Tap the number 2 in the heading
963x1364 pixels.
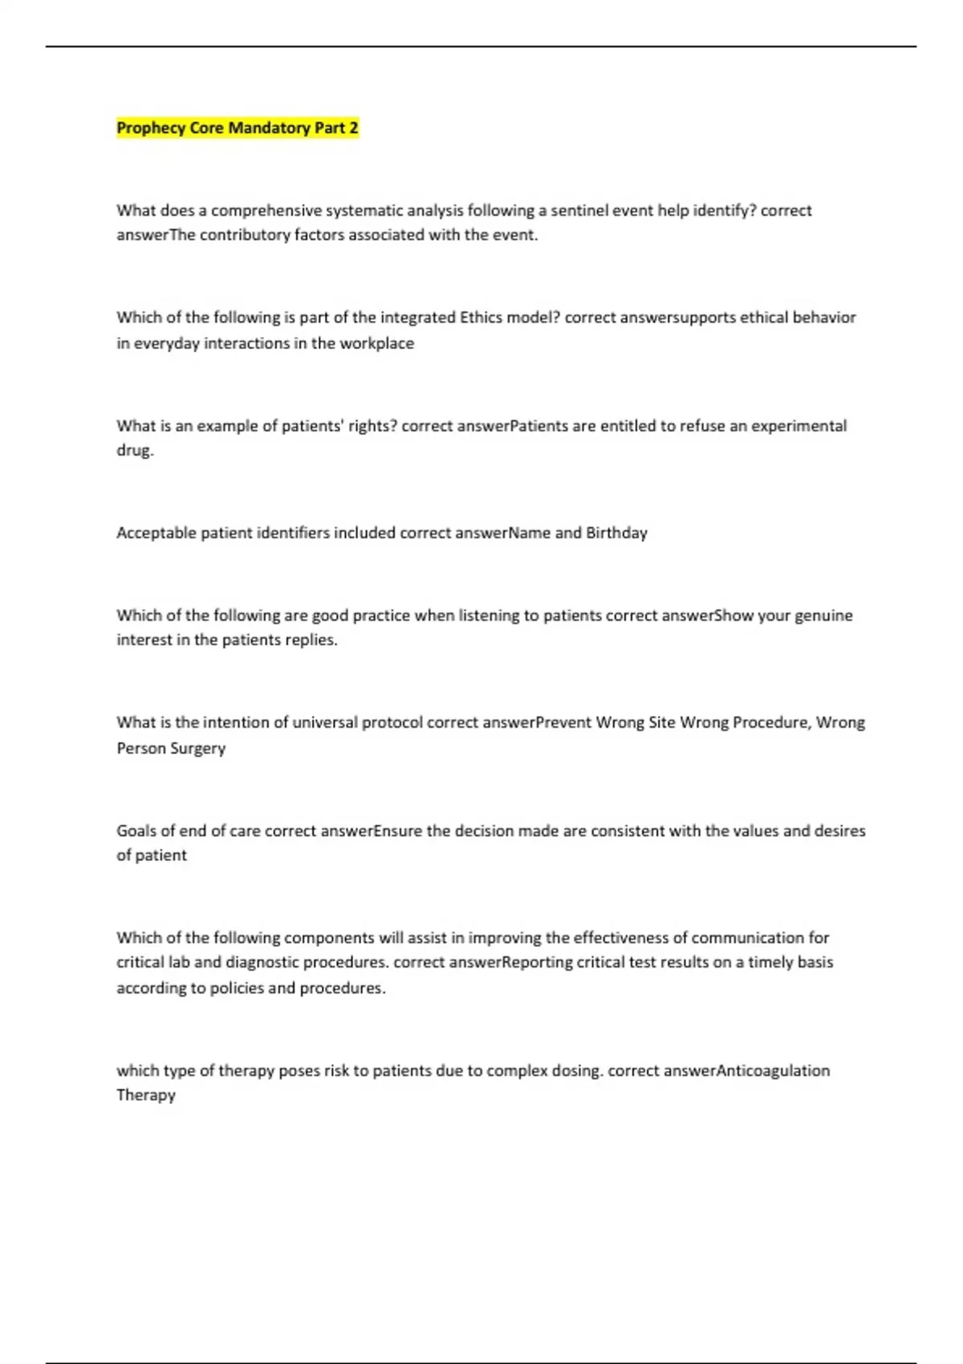(353, 128)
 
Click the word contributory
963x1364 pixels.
(245, 235)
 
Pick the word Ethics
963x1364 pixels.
(481, 318)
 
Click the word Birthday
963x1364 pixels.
(616, 533)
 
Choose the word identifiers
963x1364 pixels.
(293, 533)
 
